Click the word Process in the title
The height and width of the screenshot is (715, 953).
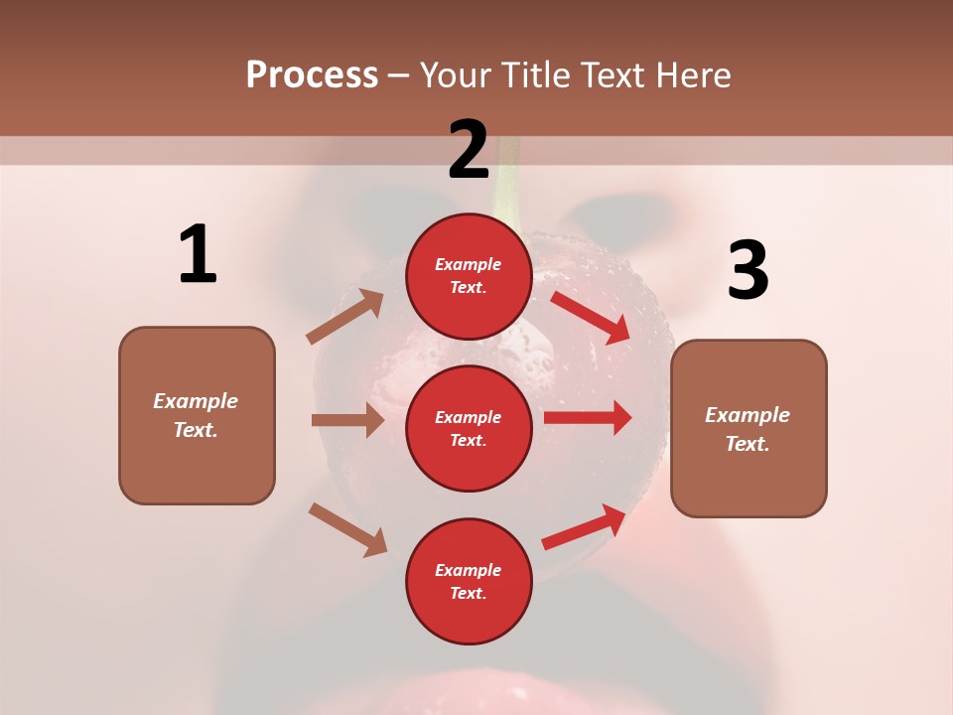pyautogui.click(x=312, y=75)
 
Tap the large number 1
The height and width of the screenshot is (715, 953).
pyautogui.click(x=198, y=255)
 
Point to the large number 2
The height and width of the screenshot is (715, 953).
pyautogui.click(x=469, y=149)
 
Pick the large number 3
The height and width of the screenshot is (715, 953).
pyautogui.click(x=748, y=270)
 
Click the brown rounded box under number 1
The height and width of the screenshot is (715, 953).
pyautogui.click(x=197, y=415)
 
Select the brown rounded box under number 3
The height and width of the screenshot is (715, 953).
pyautogui.click(x=749, y=428)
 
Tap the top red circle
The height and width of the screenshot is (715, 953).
pyautogui.click(x=469, y=276)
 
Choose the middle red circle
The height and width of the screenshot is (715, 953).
pyautogui.click(x=469, y=428)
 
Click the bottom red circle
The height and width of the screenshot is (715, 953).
pyautogui.click(x=469, y=581)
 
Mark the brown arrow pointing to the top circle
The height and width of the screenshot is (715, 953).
pyautogui.click(x=345, y=317)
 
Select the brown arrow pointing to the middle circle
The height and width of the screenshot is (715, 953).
pyautogui.click(x=347, y=420)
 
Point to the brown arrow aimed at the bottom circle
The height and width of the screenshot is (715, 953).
pyautogui.click(x=347, y=529)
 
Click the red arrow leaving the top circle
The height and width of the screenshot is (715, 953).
pyautogui.click(x=591, y=317)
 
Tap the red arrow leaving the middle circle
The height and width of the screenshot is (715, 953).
pyautogui.click(x=588, y=417)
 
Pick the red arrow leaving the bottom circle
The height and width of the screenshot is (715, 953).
pyautogui.click(x=584, y=527)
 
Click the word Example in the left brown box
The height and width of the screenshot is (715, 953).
pyautogui.click(x=196, y=401)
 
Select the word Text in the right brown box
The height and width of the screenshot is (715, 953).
pyautogui.click(x=747, y=444)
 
